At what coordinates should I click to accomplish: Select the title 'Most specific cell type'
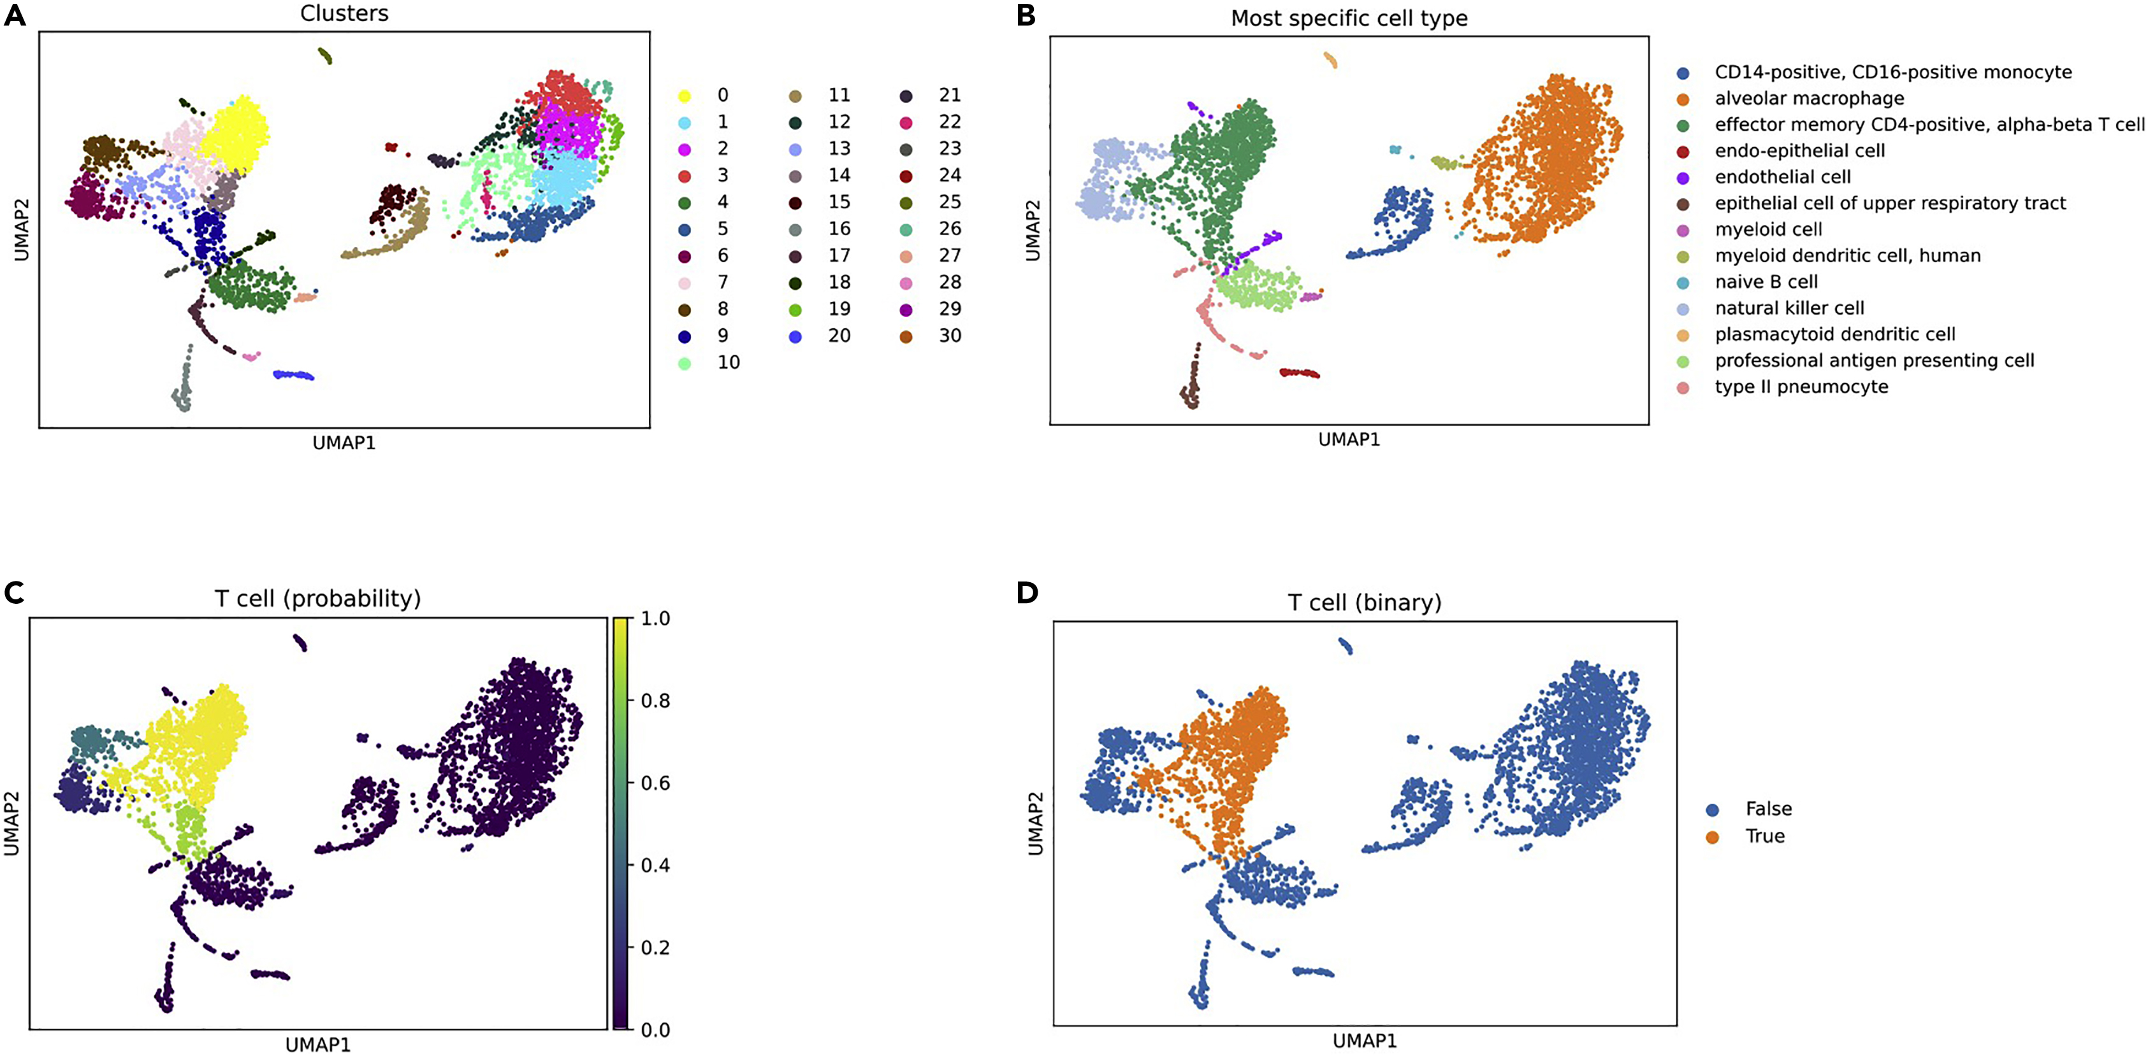pyautogui.click(x=1349, y=18)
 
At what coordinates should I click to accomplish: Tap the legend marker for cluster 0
pyautogui.click(x=685, y=96)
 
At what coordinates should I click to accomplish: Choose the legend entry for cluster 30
pyautogui.click(x=933, y=336)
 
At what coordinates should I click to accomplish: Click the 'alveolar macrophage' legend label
pyautogui.click(x=1810, y=98)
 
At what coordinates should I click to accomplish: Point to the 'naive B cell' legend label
pyautogui.click(x=1766, y=282)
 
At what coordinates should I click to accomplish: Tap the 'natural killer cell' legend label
pyautogui.click(x=1789, y=308)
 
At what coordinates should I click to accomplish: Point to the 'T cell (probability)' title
pyautogui.click(x=317, y=599)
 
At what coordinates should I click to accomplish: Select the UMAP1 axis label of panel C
pyautogui.click(x=317, y=1045)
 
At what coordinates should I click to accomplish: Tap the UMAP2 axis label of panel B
pyautogui.click(x=1033, y=230)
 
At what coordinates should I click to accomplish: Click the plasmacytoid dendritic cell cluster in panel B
pyautogui.click(x=1331, y=60)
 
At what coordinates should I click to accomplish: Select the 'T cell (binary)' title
pyautogui.click(x=1365, y=603)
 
